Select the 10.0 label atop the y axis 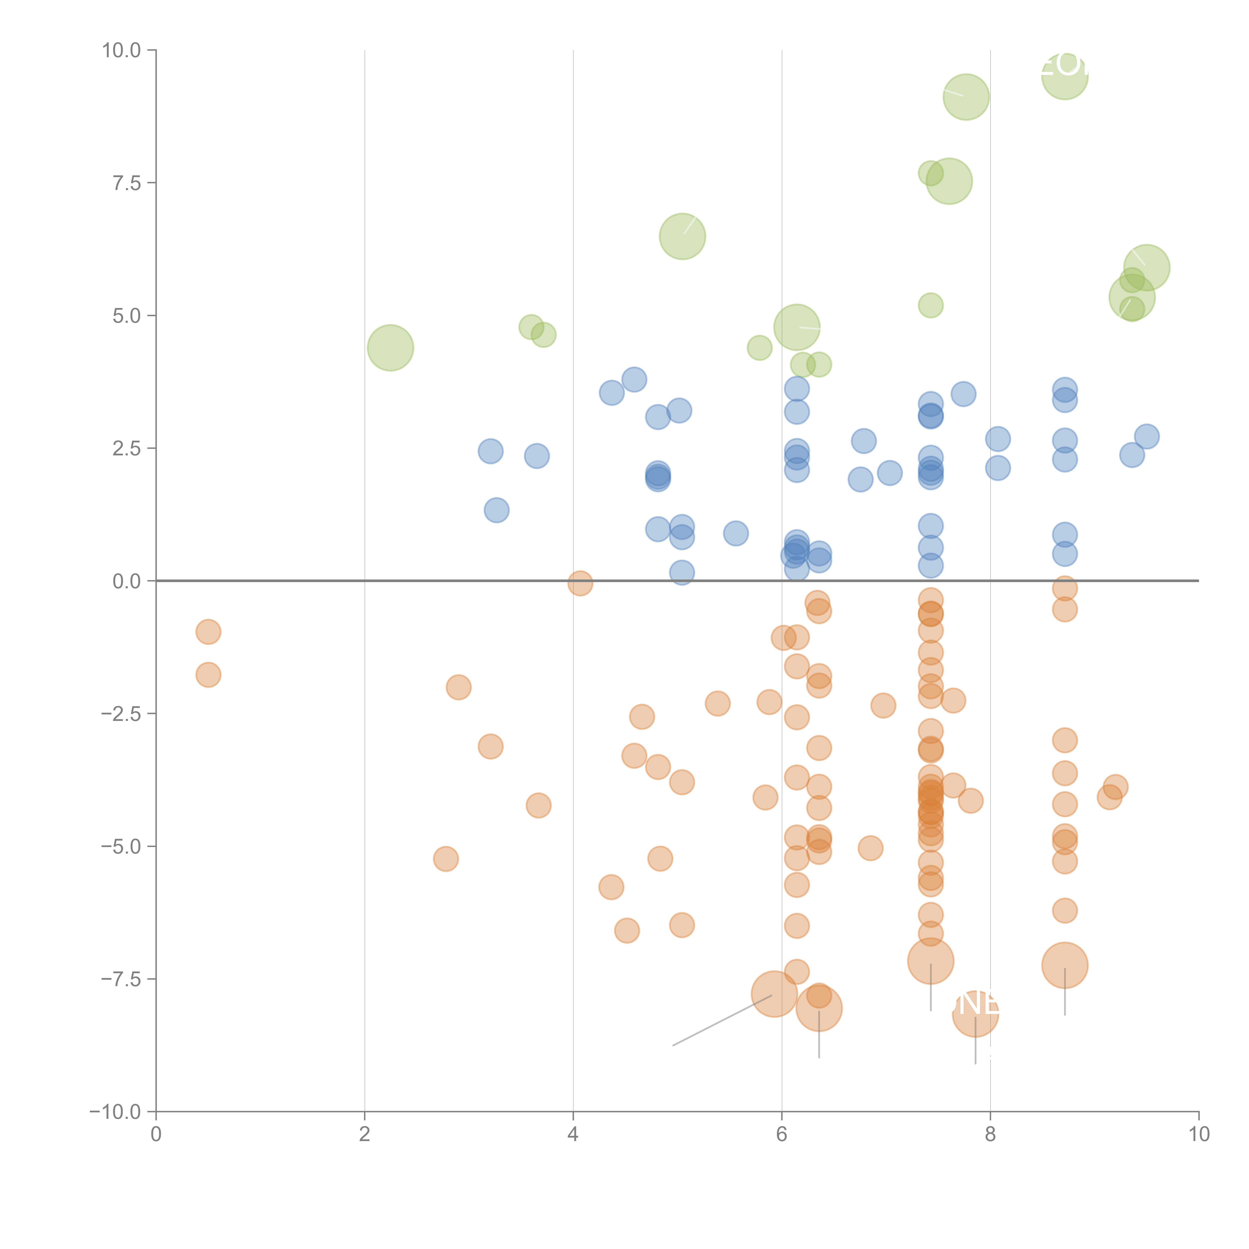click(122, 50)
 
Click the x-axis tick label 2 click(365, 1135)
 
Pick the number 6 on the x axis click(782, 1135)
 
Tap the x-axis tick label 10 click(1199, 1135)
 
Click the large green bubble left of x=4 click(390, 348)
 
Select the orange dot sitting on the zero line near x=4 click(580, 583)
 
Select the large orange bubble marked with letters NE click(975, 1014)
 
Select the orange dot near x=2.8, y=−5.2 click(445, 859)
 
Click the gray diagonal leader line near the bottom click(722, 1019)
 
